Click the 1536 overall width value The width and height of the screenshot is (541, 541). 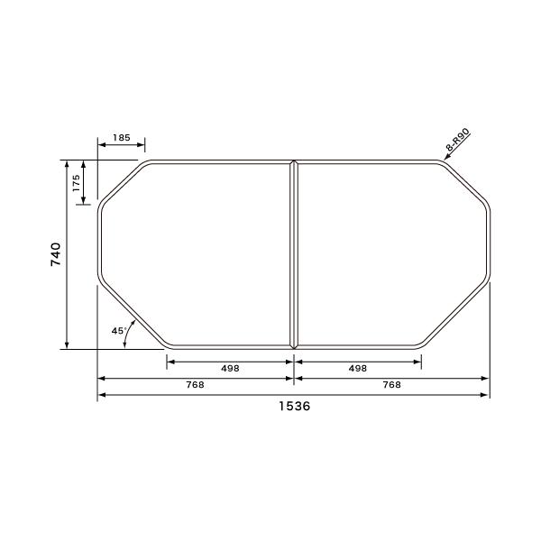tap(294, 407)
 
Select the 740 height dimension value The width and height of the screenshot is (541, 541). tap(55, 253)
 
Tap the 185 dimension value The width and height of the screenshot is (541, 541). tap(122, 138)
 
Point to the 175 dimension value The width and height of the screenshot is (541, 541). tap(77, 183)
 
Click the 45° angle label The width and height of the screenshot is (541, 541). tap(117, 331)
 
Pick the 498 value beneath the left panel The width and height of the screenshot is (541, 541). tap(229, 368)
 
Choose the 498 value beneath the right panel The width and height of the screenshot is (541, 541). tap(357, 368)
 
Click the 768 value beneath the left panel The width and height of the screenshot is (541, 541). tap(195, 384)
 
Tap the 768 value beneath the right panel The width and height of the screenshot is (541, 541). tap(392, 384)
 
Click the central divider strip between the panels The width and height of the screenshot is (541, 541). tap(294, 253)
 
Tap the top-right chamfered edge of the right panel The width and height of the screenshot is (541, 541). tap(469, 184)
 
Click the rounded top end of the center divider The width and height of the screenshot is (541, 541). tap(294, 163)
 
